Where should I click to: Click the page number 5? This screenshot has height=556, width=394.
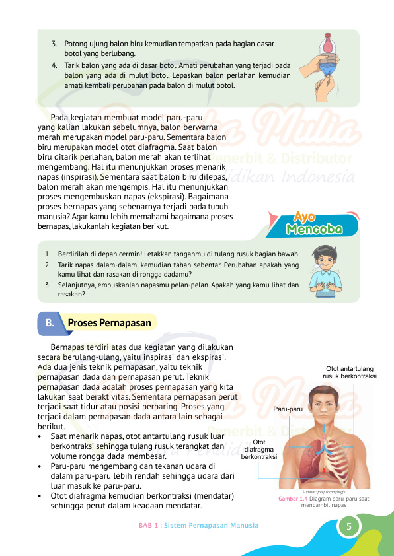[x=348, y=526]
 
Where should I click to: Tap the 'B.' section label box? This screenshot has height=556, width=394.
[x=50, y=323]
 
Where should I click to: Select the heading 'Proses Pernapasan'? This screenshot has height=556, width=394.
[x=110, y=323]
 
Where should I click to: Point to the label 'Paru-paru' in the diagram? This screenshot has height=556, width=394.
[x=288, y=409]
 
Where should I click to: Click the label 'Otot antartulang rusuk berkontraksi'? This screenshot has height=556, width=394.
[x=350, y=372]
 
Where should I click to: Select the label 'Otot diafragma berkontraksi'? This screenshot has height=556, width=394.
[x=259, y=449]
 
